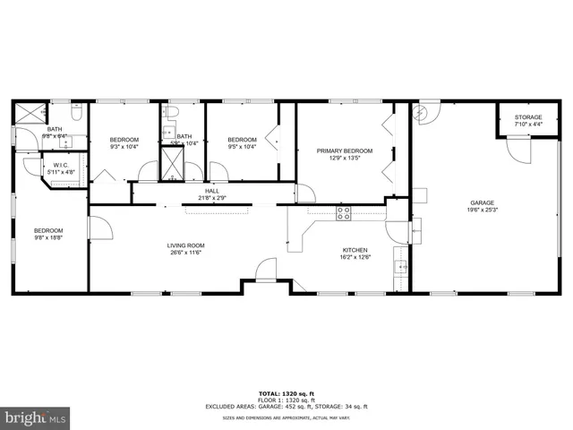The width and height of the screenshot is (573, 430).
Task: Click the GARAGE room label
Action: pyautogui.click(x=481, y=203)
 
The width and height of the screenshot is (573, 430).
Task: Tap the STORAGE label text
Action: pyautogui.click(x=527, y=117)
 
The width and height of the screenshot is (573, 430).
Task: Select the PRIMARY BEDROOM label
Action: pyautogui.click(x=344, y=150)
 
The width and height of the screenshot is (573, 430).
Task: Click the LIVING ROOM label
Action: pyautogui.click(x=185, y=245)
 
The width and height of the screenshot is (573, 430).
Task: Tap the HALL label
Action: pyautogui.click(x=211, y=191)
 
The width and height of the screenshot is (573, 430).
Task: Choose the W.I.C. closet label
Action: pyautogui.click(x=61, y=165)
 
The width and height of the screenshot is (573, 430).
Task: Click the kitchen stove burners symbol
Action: pyautogui.click(x=342, y=212)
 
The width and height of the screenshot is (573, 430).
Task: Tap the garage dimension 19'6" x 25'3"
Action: pyautogui.click(x=481, y=211)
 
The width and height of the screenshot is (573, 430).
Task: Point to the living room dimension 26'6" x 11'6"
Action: pyautogui.click(x=185, y=254)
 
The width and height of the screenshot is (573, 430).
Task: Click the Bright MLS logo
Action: pyautogui.click(x=35, y=417)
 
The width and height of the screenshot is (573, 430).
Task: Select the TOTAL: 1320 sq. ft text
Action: pyautogui.click(x=286, y=393)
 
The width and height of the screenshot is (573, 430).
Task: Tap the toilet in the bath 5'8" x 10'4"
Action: pyautogui.click(x=174, y=112)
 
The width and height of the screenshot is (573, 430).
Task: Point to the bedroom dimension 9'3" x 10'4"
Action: pyautogui.click(x=124, y=147)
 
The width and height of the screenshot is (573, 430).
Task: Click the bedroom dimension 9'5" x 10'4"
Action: pyautogui.click(x=242, y=147)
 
